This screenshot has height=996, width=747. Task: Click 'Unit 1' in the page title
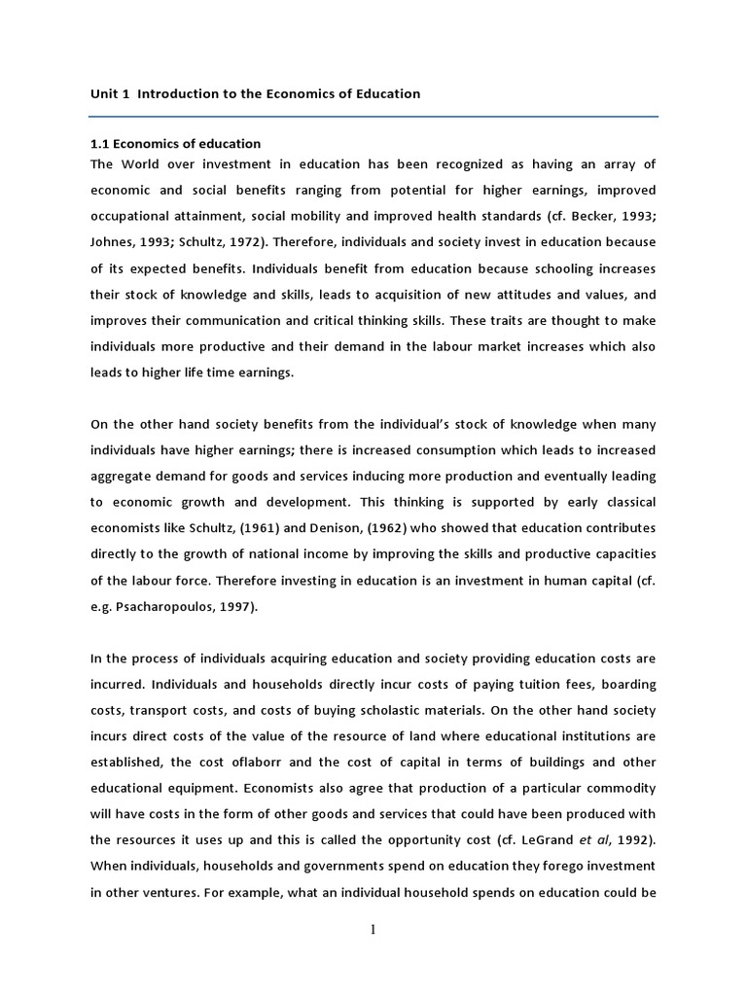click(x=108, y=94)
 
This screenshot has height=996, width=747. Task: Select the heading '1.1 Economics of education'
click(x=175, y=144)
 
